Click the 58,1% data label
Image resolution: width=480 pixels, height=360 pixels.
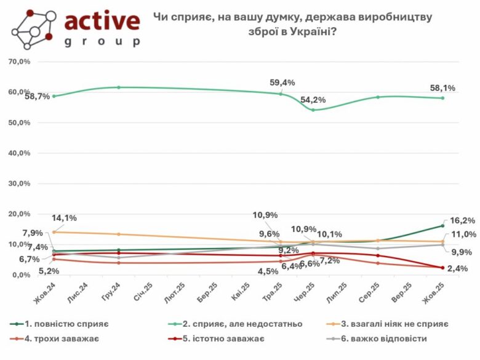[x=443, y=89]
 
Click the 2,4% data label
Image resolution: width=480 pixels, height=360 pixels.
[x=458, y=268]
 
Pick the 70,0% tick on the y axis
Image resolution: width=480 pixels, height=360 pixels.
[x=20, y=62]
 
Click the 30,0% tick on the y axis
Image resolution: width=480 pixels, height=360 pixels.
[x=20, y=184]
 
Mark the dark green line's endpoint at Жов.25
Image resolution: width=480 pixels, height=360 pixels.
[x=442, y=226]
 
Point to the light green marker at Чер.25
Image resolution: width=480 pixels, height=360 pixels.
[x=313, y=110]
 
